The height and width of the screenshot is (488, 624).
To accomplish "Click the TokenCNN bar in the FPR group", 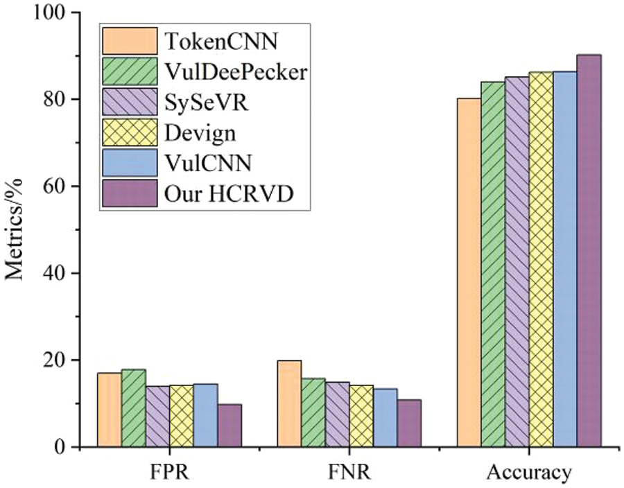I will point(109,410).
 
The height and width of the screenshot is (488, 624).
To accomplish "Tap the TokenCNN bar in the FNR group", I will point(289,403).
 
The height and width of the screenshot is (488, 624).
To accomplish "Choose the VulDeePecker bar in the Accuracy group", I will point(493,264).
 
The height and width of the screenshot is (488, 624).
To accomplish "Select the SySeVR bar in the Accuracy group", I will point(517,262).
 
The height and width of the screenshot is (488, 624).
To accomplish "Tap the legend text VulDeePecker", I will point(236,72).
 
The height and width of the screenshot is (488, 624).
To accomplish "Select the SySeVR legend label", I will point(206,103).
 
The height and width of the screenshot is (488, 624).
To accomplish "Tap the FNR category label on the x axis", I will point(349,473).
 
